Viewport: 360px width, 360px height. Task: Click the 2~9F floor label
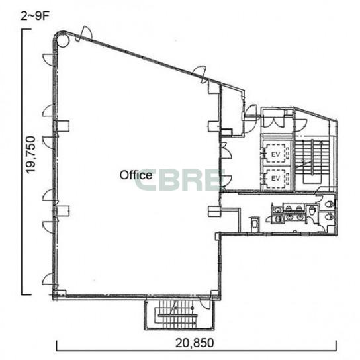[35, 17]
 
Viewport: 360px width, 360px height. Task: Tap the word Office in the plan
[136, 175]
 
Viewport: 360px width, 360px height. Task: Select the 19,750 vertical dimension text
[30, 155]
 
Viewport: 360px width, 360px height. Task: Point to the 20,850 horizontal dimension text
[195, 343]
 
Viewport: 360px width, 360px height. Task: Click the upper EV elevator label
[275, 154]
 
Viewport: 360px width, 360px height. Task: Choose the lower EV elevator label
[275, 178]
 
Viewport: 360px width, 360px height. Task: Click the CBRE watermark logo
[180, 180]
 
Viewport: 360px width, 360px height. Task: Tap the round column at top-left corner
[62, 40]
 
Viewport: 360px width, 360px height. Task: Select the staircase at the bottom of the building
[179, 315]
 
